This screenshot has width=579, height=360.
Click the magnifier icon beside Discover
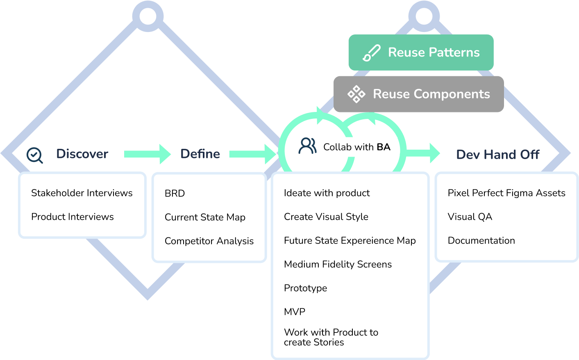click(x=35, y=155)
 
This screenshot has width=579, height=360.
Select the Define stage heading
click(x=200, y=154)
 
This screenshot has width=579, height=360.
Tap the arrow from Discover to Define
click(x=147, y=154)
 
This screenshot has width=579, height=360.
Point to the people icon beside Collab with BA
click(x=307, y=146)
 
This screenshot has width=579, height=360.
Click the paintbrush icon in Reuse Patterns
click(x=372, y=53)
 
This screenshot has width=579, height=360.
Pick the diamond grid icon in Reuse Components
click(x=356, y=94)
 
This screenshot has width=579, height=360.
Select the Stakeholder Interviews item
click(x=82, y=193)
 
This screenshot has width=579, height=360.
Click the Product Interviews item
click(x=73, y=216)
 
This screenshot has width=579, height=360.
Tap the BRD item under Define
click(x=175, y=193)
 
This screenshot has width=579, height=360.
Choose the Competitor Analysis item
click(x=209, y=241)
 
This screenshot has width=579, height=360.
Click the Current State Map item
click(x=205, y=217)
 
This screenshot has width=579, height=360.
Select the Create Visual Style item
click(x=326, y=216)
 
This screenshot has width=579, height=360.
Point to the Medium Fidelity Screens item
click(x=338, y=264)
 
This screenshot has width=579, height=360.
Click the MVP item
click(x=295, y=312)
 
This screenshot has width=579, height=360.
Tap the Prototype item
click(x=305, y=288)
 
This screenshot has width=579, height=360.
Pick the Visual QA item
click(x=470, y=216)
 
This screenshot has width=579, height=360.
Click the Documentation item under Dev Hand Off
click(x=481, y=240)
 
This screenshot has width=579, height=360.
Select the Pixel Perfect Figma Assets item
click(x=506, y=193)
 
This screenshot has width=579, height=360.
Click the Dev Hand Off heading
click(x=497, y=155)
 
